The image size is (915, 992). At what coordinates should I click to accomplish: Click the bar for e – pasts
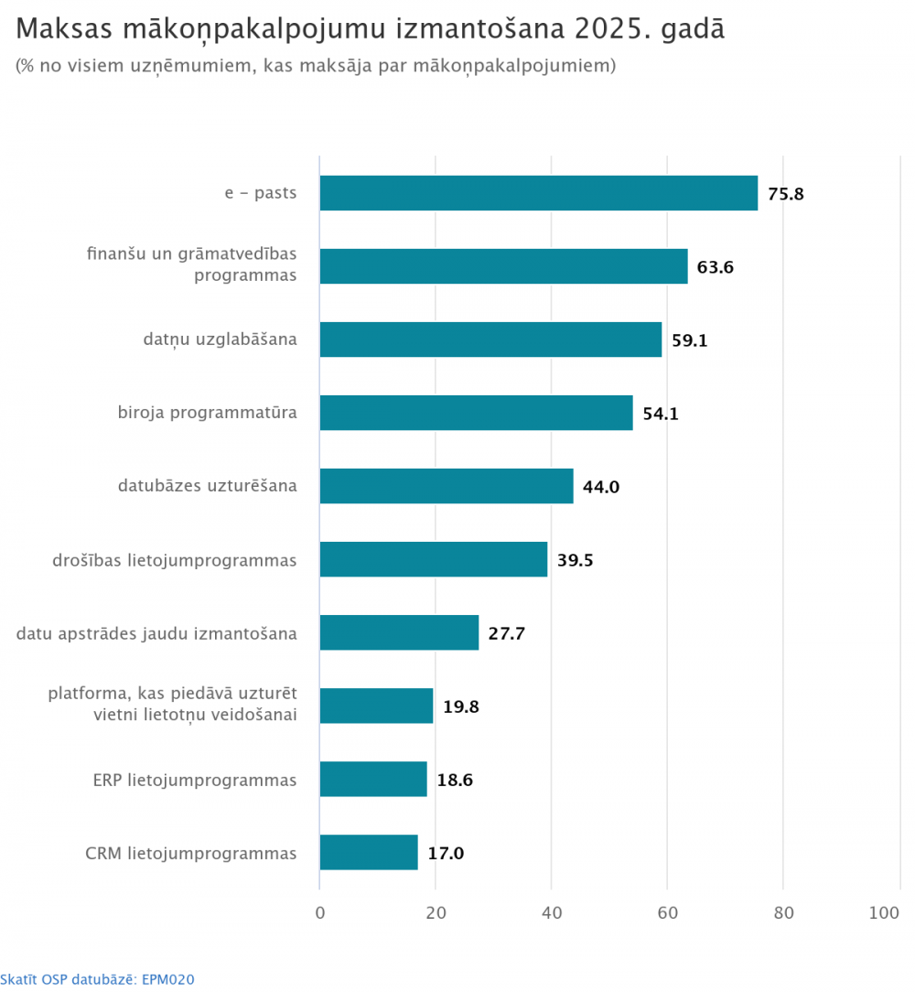point(538,193)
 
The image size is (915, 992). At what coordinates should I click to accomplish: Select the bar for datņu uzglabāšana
point(490,340)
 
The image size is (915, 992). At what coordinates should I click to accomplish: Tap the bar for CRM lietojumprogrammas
point(369,853)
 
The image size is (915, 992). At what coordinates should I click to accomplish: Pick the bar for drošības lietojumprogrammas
point(434,559)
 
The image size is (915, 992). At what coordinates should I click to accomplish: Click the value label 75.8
point(786,194)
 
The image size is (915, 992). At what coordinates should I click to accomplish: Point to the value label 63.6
point(716,267)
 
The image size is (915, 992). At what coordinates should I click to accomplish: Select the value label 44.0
point(601,487)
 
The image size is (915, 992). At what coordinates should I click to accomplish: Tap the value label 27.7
point(506,633)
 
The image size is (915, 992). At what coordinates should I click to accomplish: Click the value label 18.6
point(455,780)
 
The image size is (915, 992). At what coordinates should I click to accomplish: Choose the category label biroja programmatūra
point(207,413)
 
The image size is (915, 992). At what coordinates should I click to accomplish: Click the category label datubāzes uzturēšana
point(207,486)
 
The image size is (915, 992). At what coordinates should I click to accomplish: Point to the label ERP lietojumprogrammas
point(195,780)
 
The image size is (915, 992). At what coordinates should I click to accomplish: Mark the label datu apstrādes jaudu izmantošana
point(156,632)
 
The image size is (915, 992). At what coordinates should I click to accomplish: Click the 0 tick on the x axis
point(320,912)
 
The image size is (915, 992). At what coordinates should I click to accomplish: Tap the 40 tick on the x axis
point(552,912)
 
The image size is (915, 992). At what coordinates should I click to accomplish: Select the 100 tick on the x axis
point(886,912)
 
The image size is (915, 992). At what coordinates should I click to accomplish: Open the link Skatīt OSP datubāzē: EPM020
point(98,979)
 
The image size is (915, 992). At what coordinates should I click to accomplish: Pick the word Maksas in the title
point(59,28)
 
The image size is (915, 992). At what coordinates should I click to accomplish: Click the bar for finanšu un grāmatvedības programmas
point(503,266)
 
